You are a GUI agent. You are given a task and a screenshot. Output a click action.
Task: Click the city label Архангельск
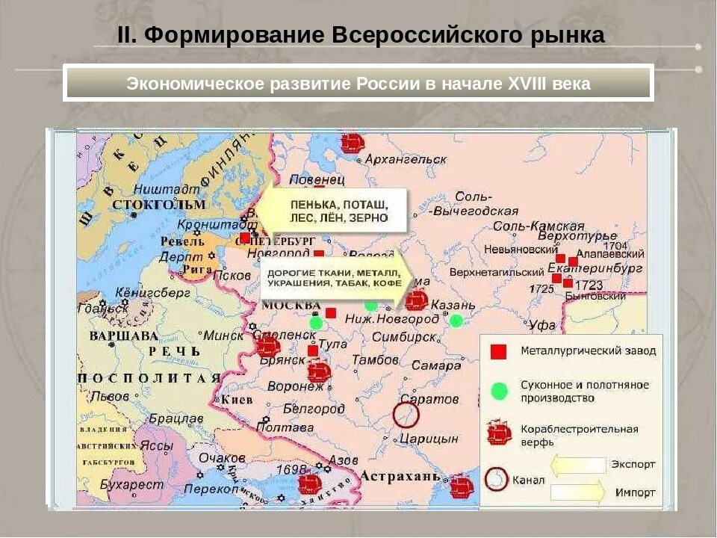coord(406,159)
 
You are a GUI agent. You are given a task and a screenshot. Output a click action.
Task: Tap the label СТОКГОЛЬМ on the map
coord(158,204)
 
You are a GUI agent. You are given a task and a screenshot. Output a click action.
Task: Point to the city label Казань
coord(453,305)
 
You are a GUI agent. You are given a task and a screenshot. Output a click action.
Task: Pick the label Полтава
coord(285,427)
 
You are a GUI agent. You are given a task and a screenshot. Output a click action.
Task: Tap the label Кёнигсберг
coord(146,293)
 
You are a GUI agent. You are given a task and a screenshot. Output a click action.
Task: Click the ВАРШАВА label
coord(123,335)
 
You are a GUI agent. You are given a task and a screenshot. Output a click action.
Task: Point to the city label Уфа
coord(542,325)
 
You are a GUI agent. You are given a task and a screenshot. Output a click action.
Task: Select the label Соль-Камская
coord(549,226)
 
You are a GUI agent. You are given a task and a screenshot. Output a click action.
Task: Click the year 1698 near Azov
coord(291,469)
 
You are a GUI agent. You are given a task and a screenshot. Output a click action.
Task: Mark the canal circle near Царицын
coord(406,415)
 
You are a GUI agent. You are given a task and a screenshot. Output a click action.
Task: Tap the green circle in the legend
coord(499,391)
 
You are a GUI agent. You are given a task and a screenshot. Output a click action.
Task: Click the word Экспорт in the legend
coord(633,464)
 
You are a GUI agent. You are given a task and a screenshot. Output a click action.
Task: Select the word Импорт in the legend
coord(636,493)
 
